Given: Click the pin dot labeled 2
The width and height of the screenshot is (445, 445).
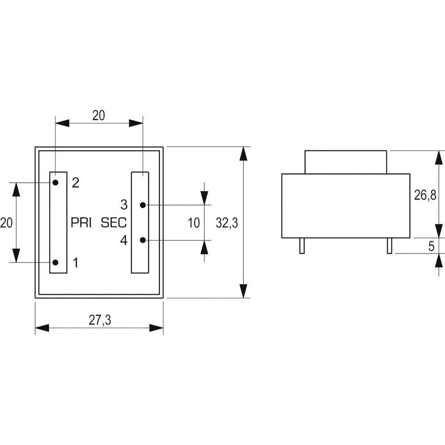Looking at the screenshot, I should pos(55,182).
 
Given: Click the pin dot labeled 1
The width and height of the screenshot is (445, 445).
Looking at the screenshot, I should pos(55,262).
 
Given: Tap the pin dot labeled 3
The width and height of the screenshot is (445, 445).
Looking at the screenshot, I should pos(143,205).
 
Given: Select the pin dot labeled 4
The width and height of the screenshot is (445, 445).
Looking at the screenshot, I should pos(143,240).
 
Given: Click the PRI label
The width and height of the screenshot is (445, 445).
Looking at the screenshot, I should pos(81,222).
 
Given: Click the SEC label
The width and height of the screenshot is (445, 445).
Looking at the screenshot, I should pos(114,222).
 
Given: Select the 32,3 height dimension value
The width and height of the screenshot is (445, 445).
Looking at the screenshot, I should pos(227,223).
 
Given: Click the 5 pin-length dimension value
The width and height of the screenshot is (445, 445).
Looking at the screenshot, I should pos(431,246).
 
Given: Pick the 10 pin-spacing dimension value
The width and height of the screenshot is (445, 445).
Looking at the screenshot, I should pos(193,223).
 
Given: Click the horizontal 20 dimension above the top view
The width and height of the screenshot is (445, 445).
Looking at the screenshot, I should pos(98,115).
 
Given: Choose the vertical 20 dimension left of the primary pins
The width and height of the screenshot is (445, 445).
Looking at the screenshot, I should pos(6,222).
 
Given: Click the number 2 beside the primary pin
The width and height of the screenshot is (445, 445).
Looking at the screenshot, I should pos(76,183).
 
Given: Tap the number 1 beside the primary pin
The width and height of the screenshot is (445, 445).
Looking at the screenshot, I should pos(76,263).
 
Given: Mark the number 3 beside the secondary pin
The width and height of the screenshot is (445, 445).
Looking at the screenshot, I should pos(124,205).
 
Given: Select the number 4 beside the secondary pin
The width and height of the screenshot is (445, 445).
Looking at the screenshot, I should pos(124,240).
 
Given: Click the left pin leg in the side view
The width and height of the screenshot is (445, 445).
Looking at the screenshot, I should pos(302,246).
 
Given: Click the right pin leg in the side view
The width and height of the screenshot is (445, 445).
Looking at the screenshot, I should pos(389,246).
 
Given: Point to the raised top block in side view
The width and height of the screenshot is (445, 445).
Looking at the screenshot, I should pos(345,162).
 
